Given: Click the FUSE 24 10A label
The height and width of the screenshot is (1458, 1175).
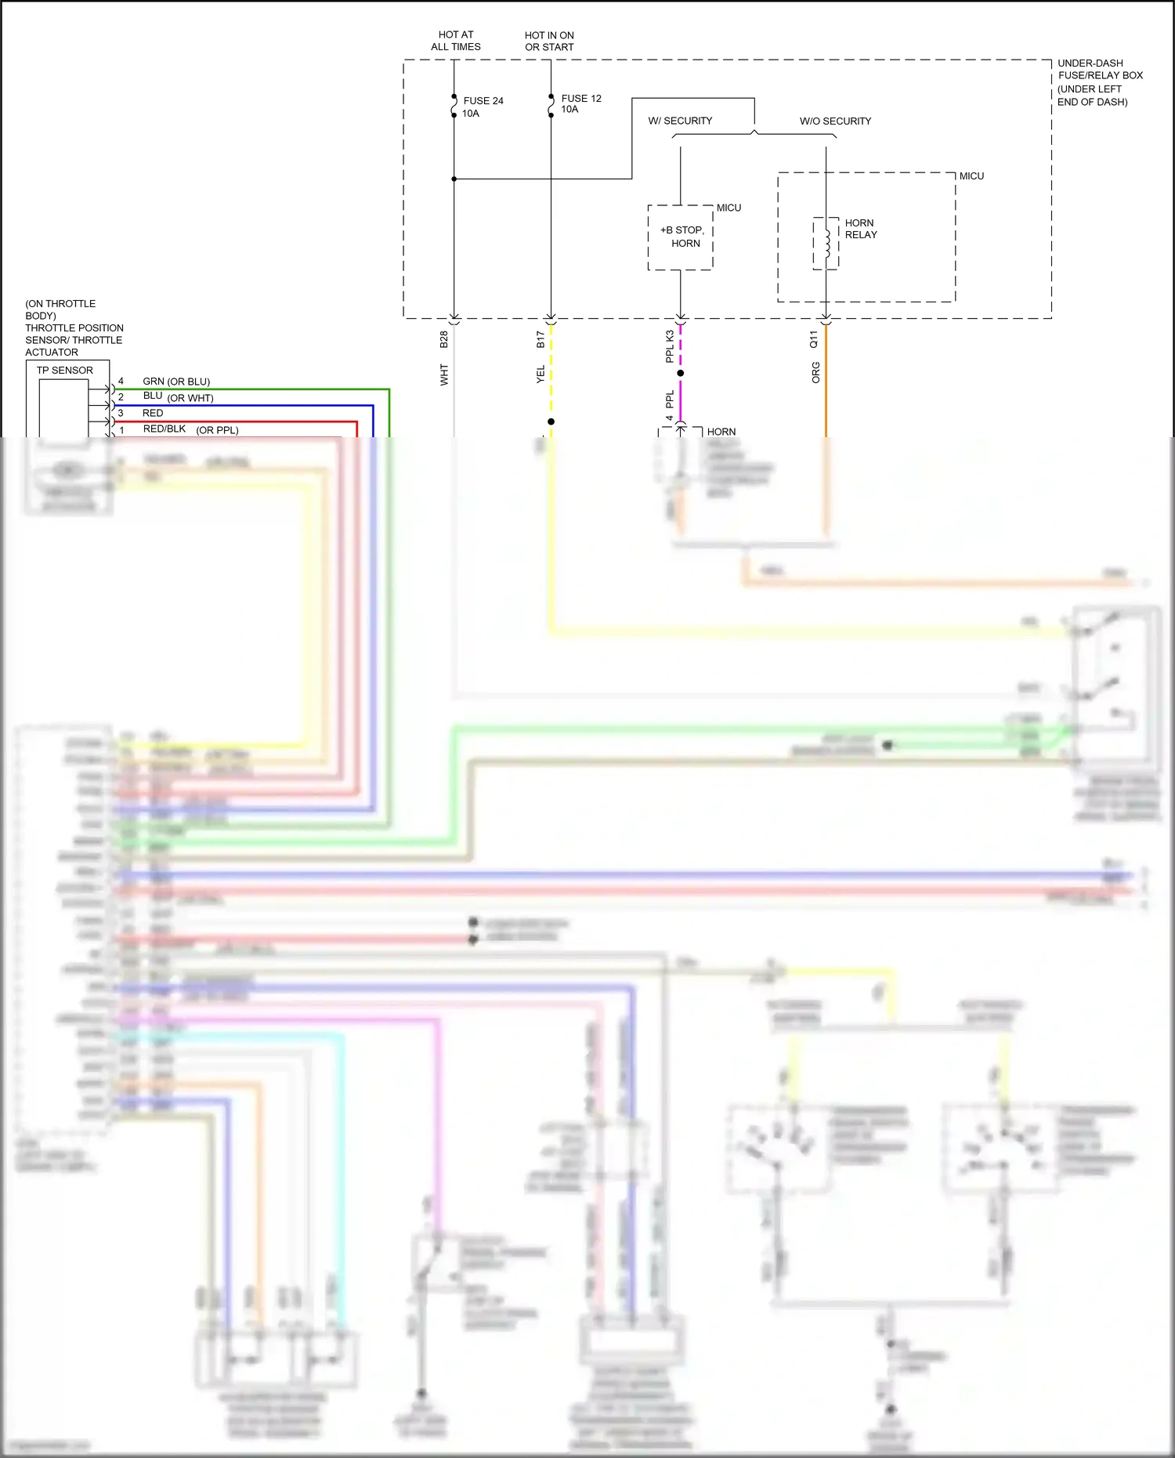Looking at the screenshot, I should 482,107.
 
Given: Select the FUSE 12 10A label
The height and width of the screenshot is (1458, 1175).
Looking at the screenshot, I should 580,103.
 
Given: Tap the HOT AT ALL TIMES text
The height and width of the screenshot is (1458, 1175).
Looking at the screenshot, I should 456,41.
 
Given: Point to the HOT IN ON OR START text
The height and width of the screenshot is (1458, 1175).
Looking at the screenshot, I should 549,41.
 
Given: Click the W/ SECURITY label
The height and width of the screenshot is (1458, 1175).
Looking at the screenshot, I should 680,121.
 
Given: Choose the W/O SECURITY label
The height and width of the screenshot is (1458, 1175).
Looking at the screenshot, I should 835,121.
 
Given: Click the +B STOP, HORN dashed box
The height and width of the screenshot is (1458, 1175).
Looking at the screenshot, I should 681,237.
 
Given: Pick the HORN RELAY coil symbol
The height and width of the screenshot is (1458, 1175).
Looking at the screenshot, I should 826,244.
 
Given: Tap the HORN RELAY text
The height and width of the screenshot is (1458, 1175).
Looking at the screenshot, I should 861,229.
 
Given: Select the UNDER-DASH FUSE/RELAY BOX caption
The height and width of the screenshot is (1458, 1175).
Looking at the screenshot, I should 1099,81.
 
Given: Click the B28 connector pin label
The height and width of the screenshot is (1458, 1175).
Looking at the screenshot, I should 443,339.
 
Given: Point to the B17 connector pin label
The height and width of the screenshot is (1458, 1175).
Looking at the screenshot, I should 540,339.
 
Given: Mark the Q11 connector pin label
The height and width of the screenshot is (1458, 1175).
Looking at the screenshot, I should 814,339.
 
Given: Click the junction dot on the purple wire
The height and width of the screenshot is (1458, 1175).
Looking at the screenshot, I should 681,373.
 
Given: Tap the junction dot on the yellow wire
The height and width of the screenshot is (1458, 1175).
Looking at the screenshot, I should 551,421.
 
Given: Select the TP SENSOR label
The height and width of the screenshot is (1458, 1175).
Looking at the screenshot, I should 64,370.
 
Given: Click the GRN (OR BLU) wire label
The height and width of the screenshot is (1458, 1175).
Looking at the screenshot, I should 176,382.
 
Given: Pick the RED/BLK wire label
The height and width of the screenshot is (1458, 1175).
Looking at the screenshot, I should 164,429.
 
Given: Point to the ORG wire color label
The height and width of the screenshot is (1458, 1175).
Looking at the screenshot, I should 815,372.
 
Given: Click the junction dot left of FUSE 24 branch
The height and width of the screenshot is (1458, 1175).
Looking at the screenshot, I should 454,179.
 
